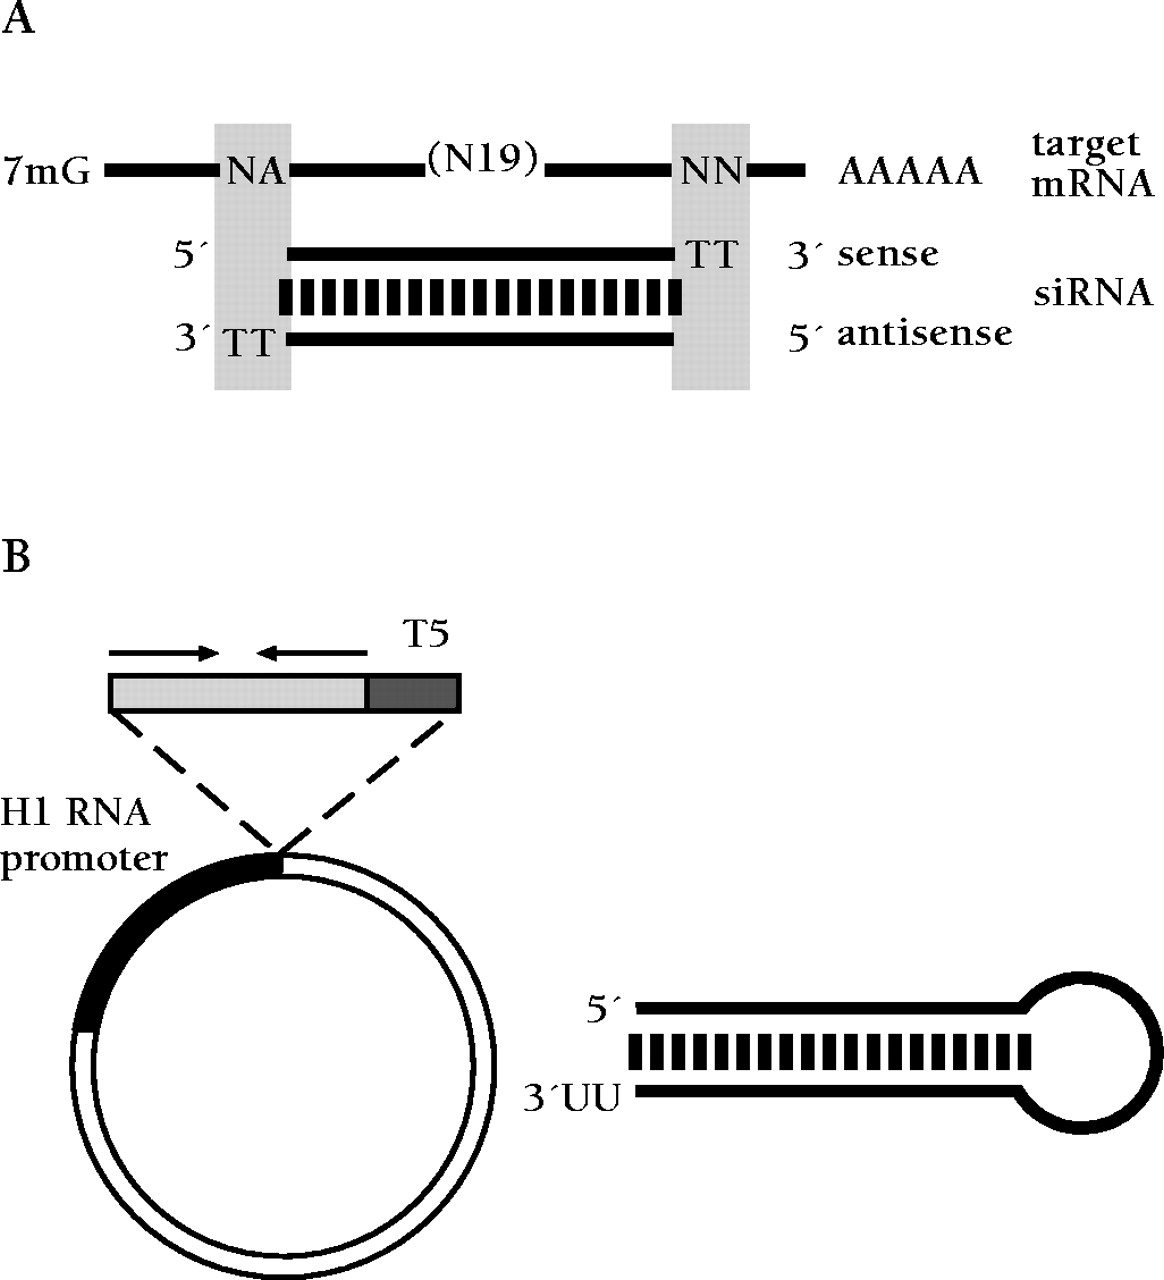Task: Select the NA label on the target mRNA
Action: tap(254, 172)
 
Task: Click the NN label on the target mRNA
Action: tap(711, 172)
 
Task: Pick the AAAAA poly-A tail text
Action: tap(909, 172)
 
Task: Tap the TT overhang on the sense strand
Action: tap(711, 256)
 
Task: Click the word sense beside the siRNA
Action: tap(889, 254)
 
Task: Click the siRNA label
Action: tap(1092, 293)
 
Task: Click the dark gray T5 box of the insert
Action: tap(413, 693)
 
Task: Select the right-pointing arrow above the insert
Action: tap(164, 654)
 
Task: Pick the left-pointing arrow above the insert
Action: tap(311, 654)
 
